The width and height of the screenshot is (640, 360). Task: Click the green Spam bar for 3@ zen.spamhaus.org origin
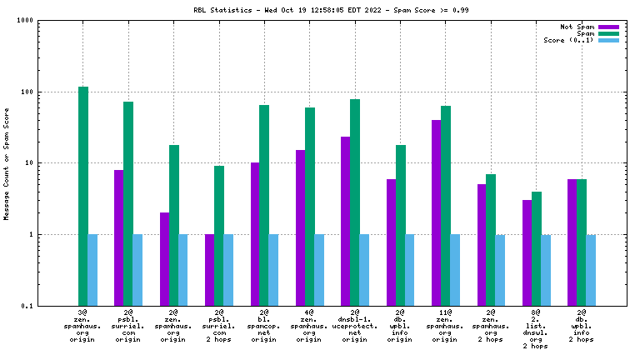click(x=83, y=196)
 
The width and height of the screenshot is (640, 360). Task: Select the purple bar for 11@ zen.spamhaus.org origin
click(x=437, y=212)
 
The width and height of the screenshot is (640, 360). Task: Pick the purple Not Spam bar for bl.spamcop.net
click(x=255, y=234)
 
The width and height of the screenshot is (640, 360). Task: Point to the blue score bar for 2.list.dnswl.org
click(x=546, y=270)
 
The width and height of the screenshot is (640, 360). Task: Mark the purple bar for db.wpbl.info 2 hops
click(x=572, y=242)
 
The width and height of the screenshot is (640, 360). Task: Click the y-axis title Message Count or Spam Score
click(x=7, y=163)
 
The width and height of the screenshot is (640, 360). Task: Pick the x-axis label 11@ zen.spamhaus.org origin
click(x=446, y=325)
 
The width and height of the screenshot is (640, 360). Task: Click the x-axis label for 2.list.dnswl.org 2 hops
click(x=537, y=328)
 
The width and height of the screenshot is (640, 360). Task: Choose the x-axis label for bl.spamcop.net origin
click(x=264, y=325)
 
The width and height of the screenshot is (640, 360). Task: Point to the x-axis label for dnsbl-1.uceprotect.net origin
click(x=355, y=325)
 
